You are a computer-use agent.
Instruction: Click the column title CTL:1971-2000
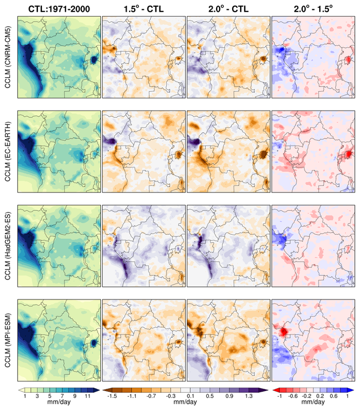[58, 7]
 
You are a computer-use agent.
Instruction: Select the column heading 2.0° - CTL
[228, 7]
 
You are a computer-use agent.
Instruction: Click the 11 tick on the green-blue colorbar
[88, 396]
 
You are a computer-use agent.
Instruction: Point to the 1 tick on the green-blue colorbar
[26, 396]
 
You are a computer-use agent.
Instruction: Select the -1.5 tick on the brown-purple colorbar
[113, 396]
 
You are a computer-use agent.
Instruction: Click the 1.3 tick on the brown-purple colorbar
[250, 396]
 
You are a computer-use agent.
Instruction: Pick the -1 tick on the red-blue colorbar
[280, 396]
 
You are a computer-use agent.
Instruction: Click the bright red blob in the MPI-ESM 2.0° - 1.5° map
[282, 331]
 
